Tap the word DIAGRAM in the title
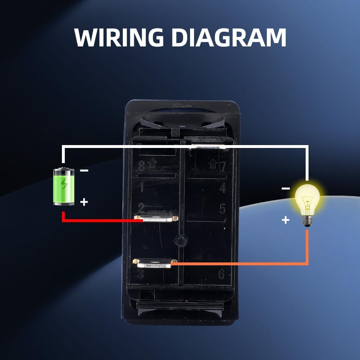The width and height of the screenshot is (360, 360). (229, 37)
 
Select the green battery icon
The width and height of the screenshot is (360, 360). (64, 186)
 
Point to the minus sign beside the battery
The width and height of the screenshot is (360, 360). (84, 171)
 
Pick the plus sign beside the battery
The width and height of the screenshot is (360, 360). (84, 202)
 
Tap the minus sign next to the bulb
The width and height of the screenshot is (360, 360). (285, 188)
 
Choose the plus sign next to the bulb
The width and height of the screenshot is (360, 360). (285, 220)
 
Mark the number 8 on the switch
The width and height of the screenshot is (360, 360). (142, 166)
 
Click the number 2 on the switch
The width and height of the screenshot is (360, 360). (141, 208)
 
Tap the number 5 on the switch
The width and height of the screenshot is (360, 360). (222, 208)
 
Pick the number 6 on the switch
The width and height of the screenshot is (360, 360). (222, 275)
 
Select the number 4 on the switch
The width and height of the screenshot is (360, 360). (222, 188)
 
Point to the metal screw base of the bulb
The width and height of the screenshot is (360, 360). (307, 221)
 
